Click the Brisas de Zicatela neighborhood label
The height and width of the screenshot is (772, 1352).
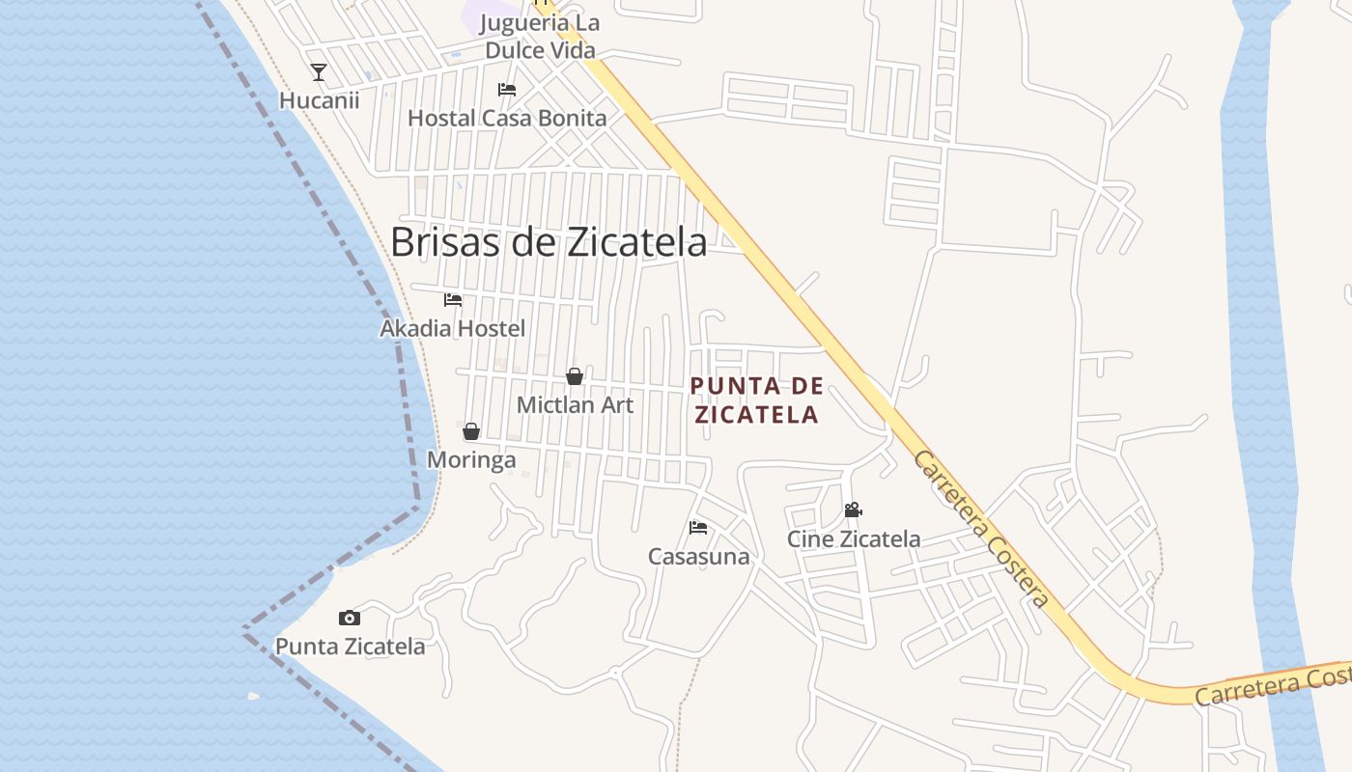point(549,242)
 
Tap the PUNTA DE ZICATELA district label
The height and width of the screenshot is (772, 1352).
point(757,400)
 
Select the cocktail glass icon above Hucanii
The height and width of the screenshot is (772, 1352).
point(319,71)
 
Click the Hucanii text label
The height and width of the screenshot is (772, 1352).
point(319,100)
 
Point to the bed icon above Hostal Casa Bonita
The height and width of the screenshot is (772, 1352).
point(507,90)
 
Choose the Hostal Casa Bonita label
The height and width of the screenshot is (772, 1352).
point(507,119)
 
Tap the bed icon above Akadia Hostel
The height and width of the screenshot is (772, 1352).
point(453,300)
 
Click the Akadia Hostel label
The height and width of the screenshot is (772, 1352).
point(453,329)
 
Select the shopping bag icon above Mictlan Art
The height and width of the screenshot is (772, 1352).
point(575,376)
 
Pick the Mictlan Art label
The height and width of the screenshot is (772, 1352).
point(575,405)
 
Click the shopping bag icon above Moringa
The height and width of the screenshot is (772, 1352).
point(471,431)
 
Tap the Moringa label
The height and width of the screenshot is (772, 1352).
point(471,460)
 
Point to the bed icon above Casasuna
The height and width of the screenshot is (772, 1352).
point(698,528)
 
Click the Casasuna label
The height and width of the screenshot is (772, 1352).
point(698,557)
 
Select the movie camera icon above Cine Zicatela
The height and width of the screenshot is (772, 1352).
point(853,510)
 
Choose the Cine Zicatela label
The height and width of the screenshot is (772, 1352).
point(853,539)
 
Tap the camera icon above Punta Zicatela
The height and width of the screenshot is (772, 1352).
point(350,618)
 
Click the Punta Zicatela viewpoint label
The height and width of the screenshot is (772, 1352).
point(350,647)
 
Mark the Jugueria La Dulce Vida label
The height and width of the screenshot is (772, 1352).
point(540,37)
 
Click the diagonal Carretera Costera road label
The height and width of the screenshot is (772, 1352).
point(980,529)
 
